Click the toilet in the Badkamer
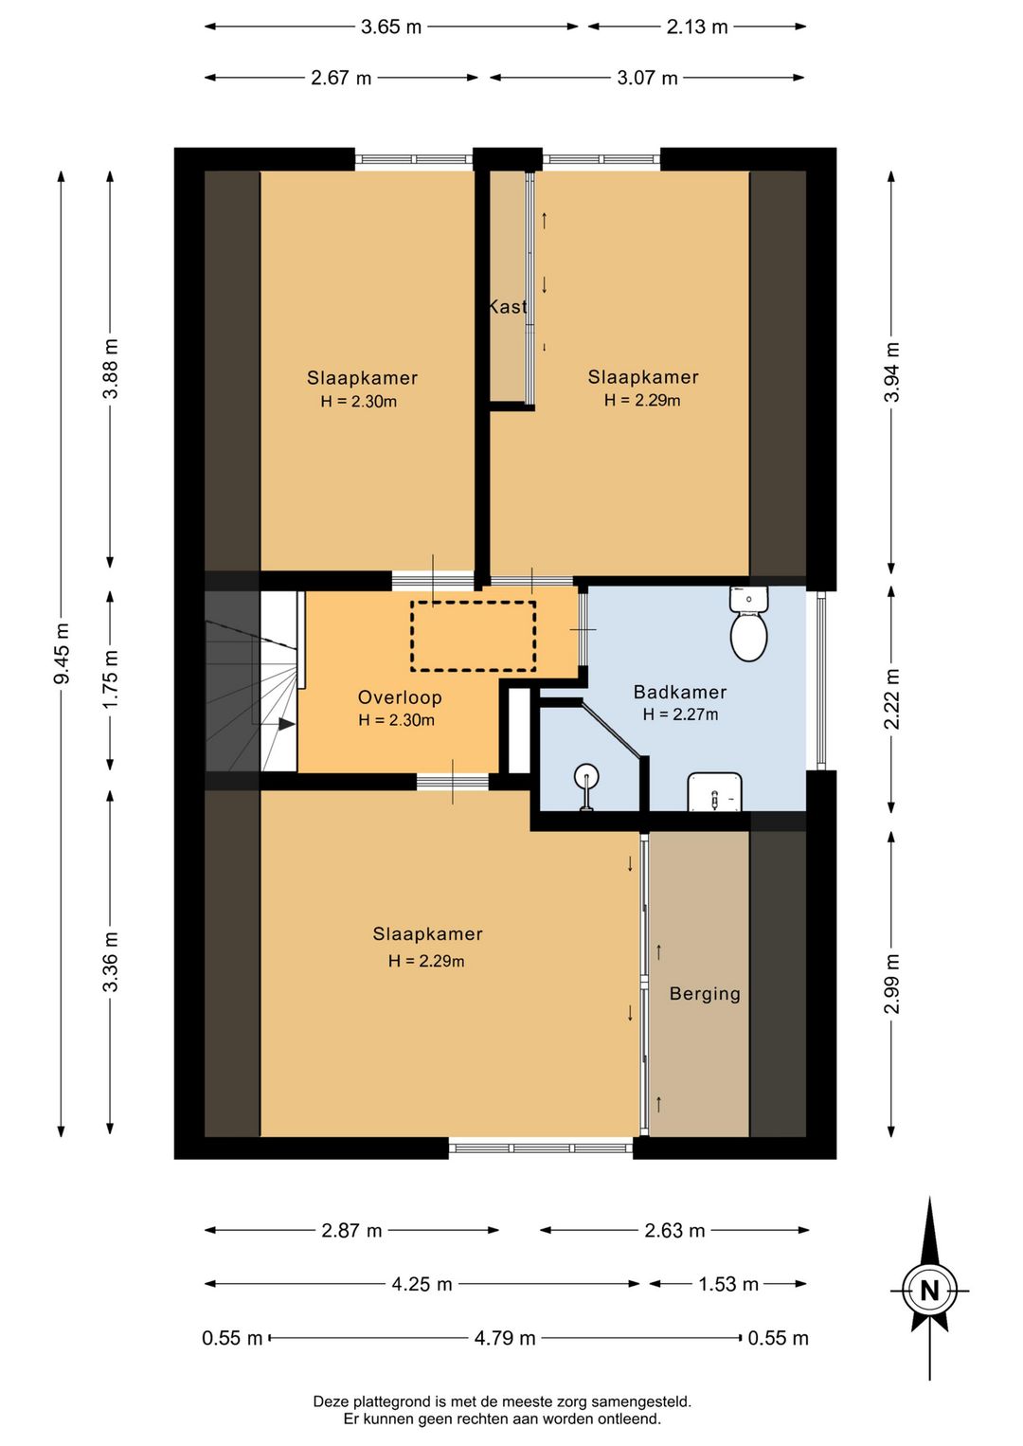pyautogui.click(x=748, y=624)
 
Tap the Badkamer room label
pyautogui.click(x=680, y=692)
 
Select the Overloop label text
pyautogui.click(x=400, y=697)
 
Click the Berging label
pyautogui.click(x=705, y=993)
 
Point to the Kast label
pyautogui.click(x=508, y=307)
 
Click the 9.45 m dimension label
pyautogui.click(x=63, y=653)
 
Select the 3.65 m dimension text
pyautogui.click(x=390, y=27)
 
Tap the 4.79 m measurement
pyautogui.click(x=505, y=1338)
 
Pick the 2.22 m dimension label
pyautogui.click(x=891, y=699)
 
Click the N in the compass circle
pyautogui.click(x=929, y=1291)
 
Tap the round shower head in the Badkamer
pyautogui.click(x=586, y=775)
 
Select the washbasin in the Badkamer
pyautogui.click(x=714, y=792)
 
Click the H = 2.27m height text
pyautogui.click(x=680, y=714)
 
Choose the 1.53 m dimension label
pyautogui.click(x=728, y=1285)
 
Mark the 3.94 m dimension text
pyautogui.click(x=891, y=372)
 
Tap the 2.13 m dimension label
pyautogui.click(x=697, y=27)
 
